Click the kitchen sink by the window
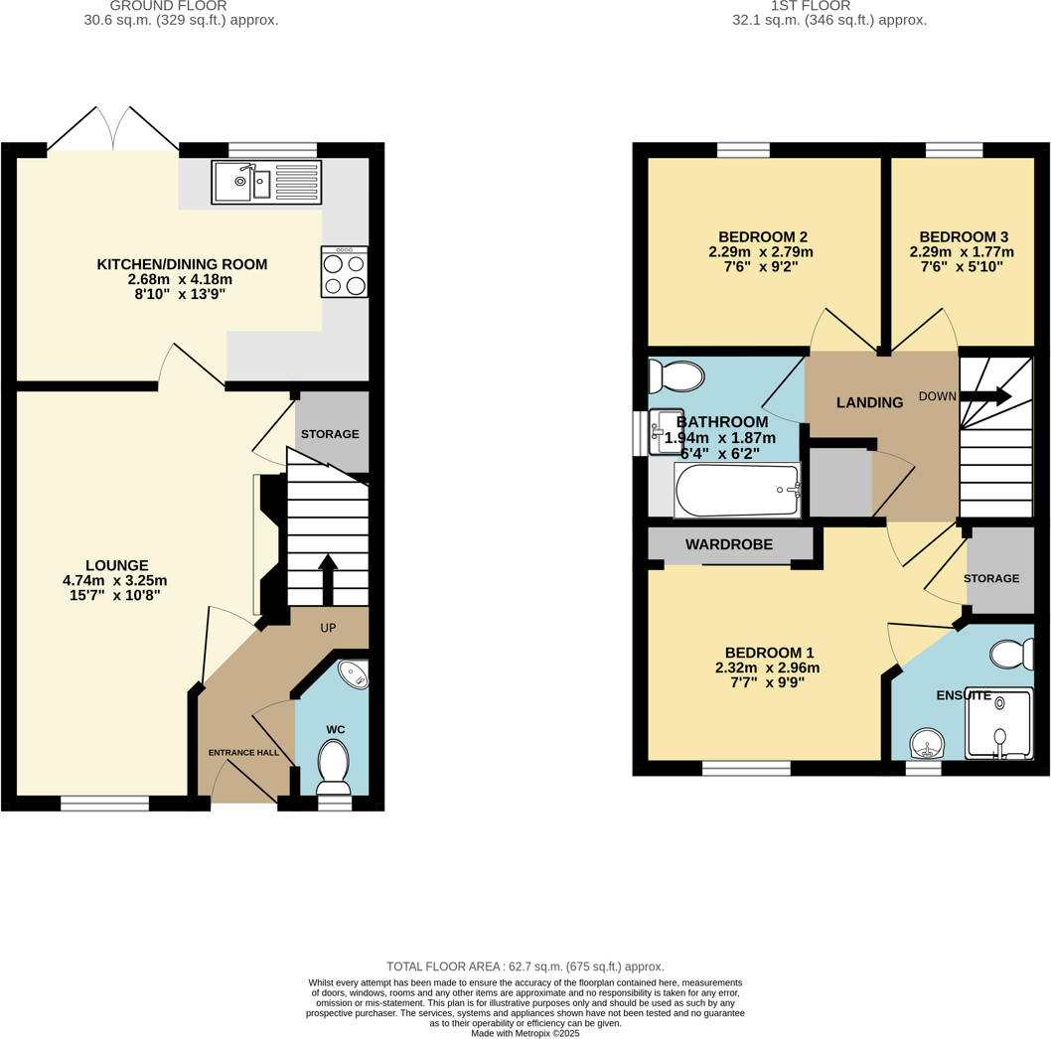click(265, 183)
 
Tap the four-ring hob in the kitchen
click(344, 272)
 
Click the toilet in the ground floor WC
click(333, 767)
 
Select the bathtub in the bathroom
click(736, 490)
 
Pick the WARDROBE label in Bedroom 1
click(730, 544)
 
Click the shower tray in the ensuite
click(998, 723)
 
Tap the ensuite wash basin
click(928, 742)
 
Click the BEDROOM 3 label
click(963, 236)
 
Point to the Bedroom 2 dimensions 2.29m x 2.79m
click(762, 252)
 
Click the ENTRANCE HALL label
click(243, 753)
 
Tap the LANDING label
click(869, 402)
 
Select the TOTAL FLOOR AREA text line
click(525, 966)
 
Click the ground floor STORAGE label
click(330, 434)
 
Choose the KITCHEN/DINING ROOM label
click(181, 264)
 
